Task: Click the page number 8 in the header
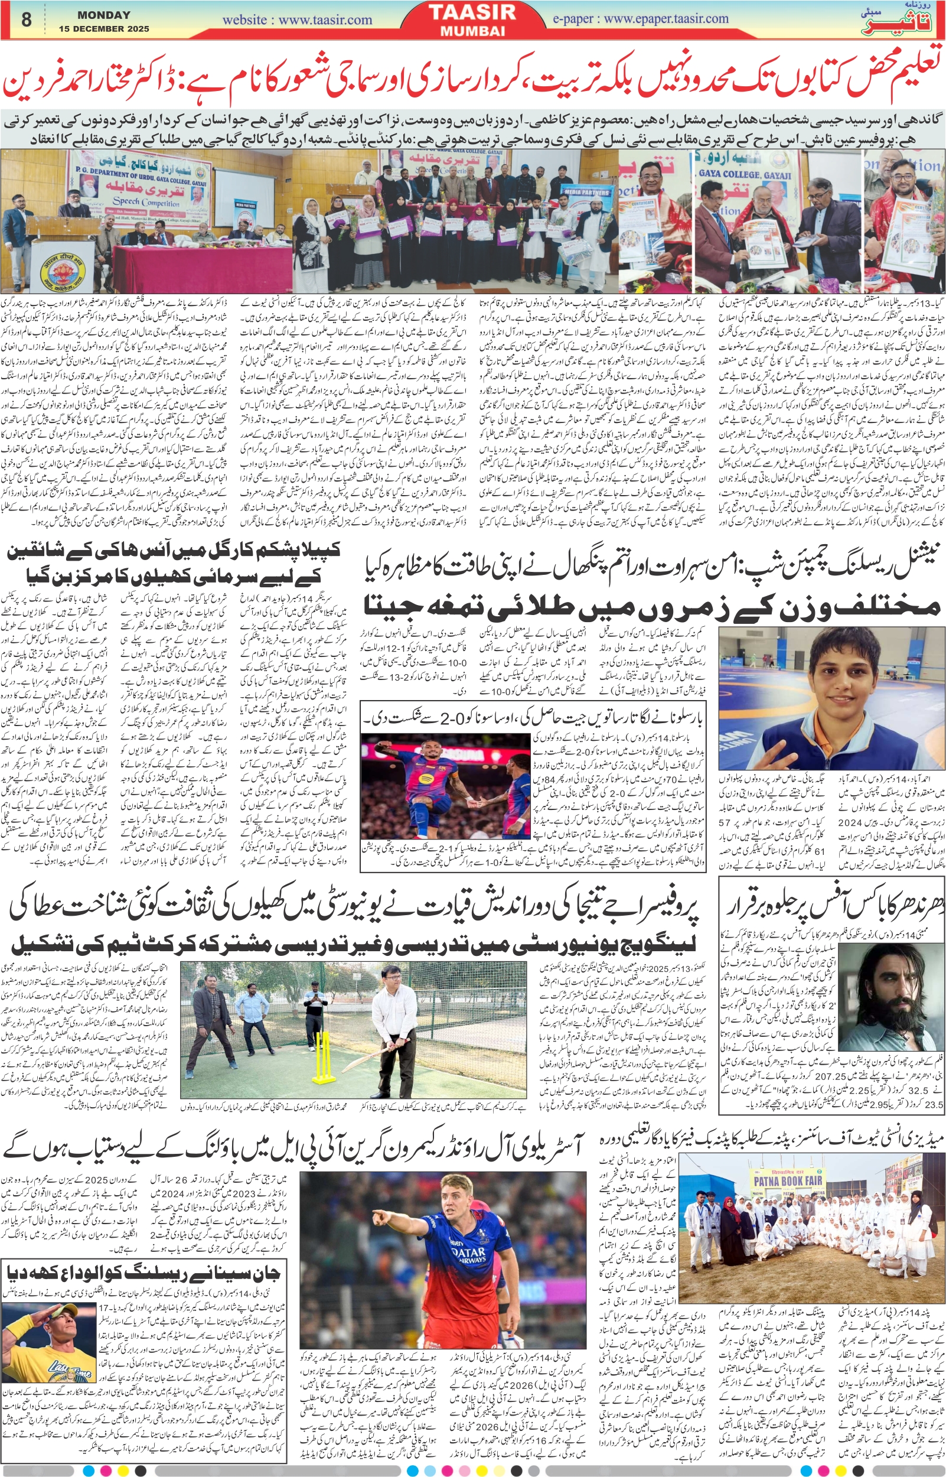(x=26, y=20)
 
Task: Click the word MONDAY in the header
(x=104, y=15)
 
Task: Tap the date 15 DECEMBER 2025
(x=104, y=29)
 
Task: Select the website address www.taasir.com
(x=297, y=20)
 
